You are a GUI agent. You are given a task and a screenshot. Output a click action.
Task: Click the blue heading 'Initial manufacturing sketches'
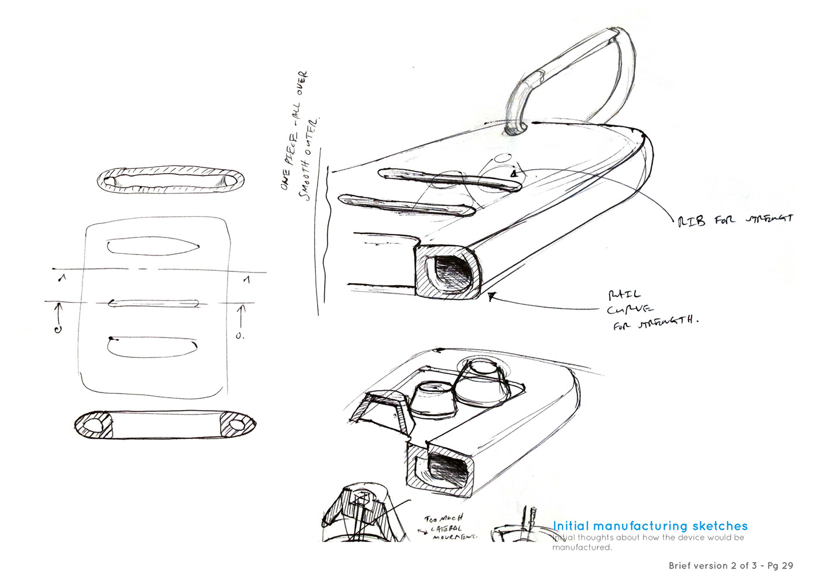pyautogui.click(x=650, y=526)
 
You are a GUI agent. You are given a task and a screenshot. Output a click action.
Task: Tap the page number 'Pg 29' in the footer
pyautogui.click(x=780, y=566)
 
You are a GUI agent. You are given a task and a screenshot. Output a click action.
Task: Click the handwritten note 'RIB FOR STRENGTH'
pyautogui.click(x=735, y=220)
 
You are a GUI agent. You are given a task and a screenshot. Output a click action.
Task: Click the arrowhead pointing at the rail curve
pyautogui.click(x=491, y=297)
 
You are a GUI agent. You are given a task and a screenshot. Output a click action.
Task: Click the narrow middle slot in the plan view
pyautogui.click(x=154, y=303)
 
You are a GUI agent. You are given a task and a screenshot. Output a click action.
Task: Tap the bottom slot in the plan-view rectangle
pyautogui.click(x=152, y=346)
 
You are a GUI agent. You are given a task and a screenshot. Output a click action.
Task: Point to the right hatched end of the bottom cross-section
pyautogui.click(x=237, y=424)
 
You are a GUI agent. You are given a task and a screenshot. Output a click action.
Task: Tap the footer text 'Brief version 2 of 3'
pyautogui.click(x=712, y=566)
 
